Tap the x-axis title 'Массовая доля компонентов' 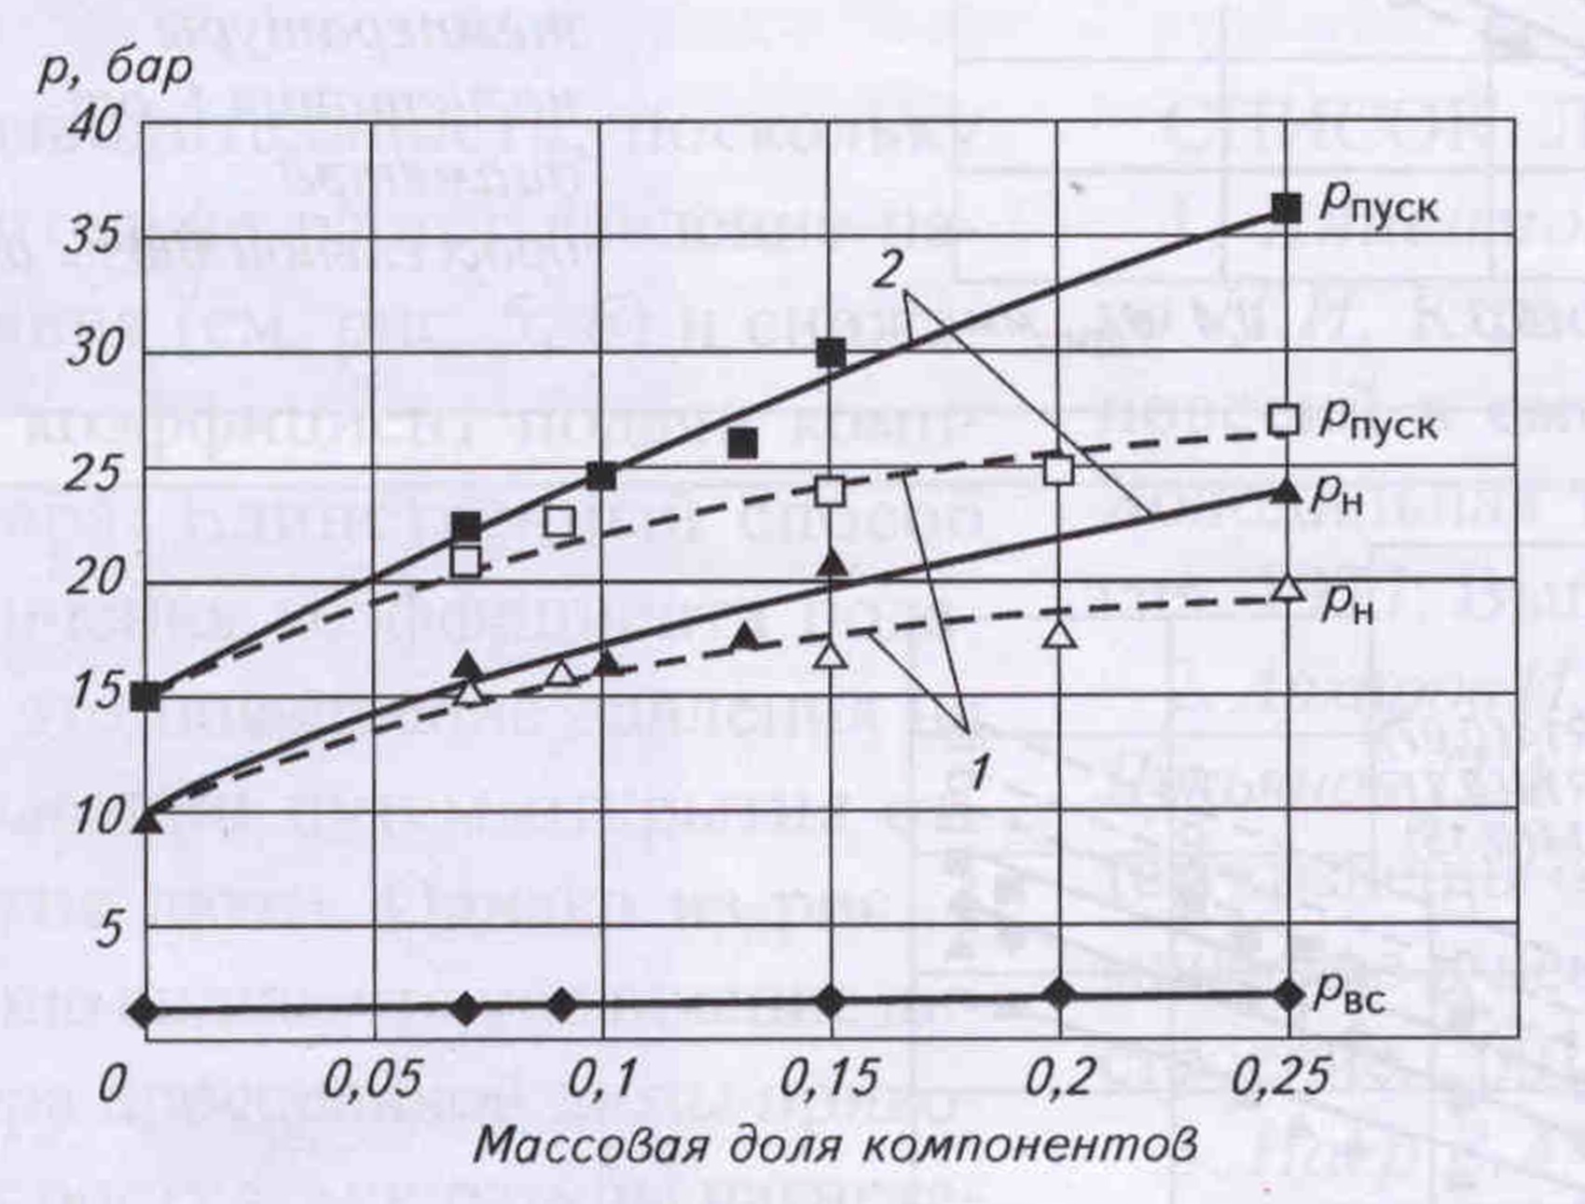tap(834, 1143)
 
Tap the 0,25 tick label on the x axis tap(1280, 1080)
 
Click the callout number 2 tap(888, 270)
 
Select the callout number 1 tap(977, 773)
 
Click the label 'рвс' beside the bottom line tap(1348, 996)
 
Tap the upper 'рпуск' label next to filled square tap(1378, 205)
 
